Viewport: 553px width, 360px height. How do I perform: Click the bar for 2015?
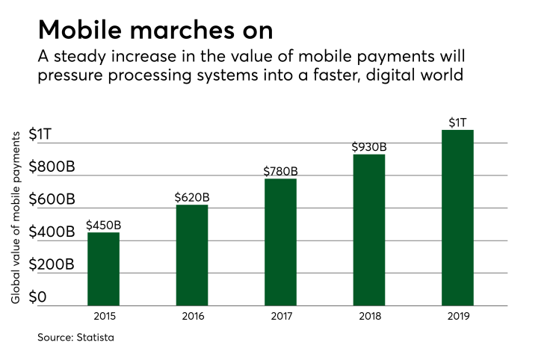pos(103,269)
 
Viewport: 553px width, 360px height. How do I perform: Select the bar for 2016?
pos(192,255)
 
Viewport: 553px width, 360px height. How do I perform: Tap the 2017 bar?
pos(280,242)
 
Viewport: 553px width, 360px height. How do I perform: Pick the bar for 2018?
pos(368,230)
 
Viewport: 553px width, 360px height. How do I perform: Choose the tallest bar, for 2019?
pos(457,217)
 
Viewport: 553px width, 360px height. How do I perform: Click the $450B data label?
pos(103,225)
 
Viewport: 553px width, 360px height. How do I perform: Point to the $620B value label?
pos(192,197)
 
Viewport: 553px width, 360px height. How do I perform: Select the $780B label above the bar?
pos(280,171)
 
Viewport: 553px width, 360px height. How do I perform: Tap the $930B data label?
pos(368,147)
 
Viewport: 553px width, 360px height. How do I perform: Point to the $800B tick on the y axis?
pos(52,167)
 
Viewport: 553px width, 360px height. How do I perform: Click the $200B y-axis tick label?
pos(52,265)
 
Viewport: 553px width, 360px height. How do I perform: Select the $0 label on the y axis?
pos(38,298)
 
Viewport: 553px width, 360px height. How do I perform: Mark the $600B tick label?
pos(52,200)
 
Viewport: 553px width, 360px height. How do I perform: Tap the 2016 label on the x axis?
pos(192,316)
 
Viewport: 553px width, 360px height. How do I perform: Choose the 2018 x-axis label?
pos(368,316)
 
